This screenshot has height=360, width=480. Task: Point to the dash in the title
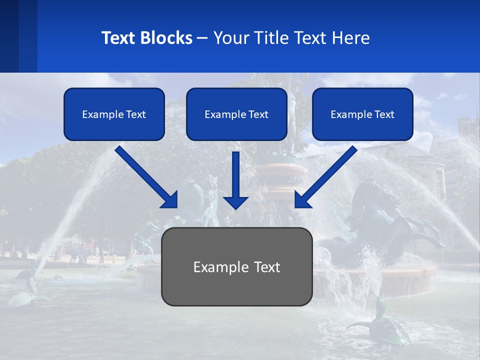(x=202, y=38)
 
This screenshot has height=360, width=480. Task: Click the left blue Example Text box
(x=114, y=114)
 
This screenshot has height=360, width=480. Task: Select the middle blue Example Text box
(x=236, y=114)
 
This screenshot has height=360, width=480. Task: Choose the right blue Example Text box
(x=362, y=114)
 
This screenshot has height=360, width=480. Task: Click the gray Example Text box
(x=236, y=266)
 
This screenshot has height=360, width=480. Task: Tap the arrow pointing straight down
(x=235, y=180)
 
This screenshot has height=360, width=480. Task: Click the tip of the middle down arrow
(x=235, y=207)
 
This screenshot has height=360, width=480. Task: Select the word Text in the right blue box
(x=384, y=114)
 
